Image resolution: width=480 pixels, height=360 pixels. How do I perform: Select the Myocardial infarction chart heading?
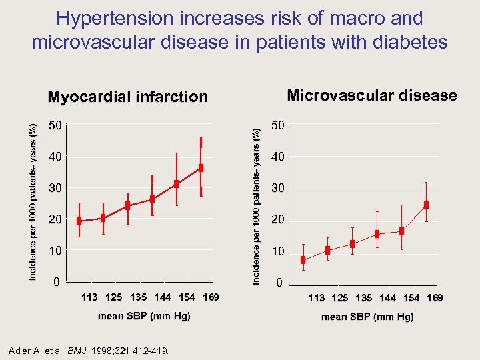point(128,97)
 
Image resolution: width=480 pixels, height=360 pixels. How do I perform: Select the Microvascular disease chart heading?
point(371,95)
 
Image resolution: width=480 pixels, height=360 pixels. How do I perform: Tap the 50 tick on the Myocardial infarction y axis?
point(56,125)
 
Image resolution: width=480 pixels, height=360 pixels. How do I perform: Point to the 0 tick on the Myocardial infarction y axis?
point(56,282)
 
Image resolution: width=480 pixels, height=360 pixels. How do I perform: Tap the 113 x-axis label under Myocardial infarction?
point(89,297)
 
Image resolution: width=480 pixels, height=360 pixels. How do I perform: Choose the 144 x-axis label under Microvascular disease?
point(387,298)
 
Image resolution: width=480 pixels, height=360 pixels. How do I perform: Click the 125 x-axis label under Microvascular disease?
point(339,298)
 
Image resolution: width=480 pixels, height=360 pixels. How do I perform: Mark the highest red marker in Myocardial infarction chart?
point(201,168)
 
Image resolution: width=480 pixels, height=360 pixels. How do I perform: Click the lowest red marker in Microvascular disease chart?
point(303,260)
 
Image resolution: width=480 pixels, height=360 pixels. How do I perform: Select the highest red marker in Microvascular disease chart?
point(426,205)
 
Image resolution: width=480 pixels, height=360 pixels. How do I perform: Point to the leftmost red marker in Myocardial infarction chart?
point(79,221)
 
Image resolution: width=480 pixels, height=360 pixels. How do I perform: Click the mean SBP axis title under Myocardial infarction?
point(144,316)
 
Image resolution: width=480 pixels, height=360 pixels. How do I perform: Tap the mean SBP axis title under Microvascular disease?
point(367,317)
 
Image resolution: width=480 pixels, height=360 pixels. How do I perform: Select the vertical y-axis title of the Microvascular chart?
point(256,206)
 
